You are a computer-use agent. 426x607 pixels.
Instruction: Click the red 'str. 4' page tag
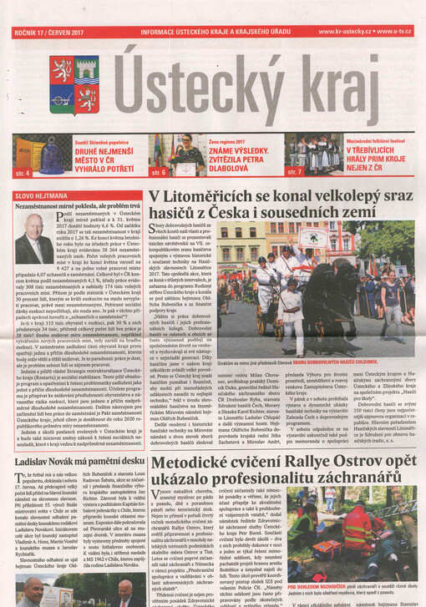(23, 173)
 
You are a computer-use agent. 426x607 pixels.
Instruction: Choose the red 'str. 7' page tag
(294, 172)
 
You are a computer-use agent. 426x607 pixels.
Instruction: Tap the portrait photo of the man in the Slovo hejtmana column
(33, 238)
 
